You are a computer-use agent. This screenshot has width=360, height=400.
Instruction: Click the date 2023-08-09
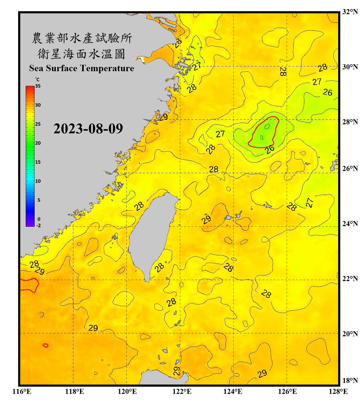coord(88,129)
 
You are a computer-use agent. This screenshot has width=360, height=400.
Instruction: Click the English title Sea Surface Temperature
coord(82,68)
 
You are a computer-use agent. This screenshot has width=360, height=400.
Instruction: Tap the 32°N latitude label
coord(350,12)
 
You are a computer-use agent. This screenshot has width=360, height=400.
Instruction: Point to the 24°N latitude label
coord(350,223)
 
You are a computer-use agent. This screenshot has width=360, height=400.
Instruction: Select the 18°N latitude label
coord(350,380)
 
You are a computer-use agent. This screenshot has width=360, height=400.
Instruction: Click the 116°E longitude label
coord(22,391)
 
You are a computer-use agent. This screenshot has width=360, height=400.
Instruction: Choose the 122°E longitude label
coord(182,391)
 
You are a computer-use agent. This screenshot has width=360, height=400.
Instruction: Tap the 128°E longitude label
coord(338,391)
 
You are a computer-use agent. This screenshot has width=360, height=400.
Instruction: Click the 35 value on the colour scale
coord(38,86)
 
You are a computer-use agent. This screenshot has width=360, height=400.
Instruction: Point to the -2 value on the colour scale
coord(38,226)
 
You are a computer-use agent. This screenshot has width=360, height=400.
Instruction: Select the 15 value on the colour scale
coord(38,162)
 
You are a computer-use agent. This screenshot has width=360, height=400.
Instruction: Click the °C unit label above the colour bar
coord(37,79)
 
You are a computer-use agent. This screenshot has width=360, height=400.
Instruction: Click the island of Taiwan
coord(152,232)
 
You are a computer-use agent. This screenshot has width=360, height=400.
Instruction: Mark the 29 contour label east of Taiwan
coord(206,219)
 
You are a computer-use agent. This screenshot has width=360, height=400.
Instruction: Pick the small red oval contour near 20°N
coord(46,345)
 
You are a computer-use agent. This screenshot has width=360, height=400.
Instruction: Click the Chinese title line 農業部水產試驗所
coord(82,38)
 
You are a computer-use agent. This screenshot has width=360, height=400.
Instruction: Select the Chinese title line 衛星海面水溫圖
coord(82,54)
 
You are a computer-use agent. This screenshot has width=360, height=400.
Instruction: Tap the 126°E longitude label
coord(287,391)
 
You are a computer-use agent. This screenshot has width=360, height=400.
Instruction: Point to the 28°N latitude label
coord(350,122)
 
